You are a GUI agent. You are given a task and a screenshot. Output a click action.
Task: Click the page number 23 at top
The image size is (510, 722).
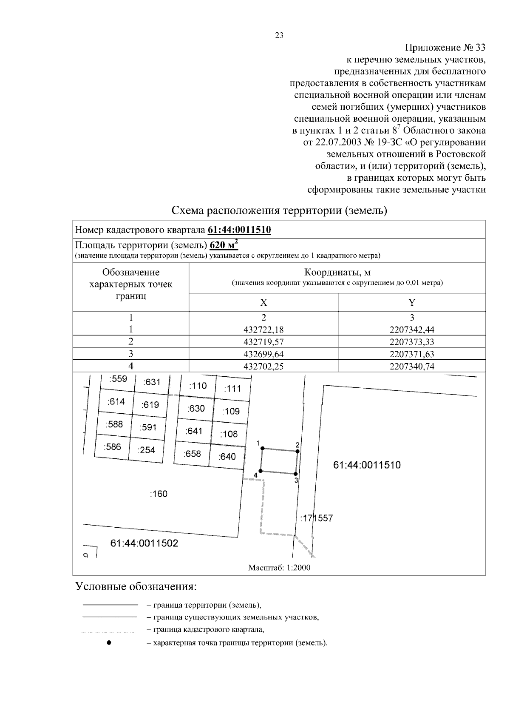pos(279,36)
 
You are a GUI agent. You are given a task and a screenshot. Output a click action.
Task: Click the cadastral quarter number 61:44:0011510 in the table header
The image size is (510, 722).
pos(239,230)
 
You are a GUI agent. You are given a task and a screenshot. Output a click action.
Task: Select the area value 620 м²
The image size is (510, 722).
pos(224,245)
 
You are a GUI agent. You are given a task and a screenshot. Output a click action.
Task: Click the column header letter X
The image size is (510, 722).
pos(263,302)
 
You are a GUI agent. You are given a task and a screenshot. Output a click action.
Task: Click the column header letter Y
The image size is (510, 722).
pos(411,302)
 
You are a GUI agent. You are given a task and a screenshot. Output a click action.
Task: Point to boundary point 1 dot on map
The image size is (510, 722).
pos(262,448)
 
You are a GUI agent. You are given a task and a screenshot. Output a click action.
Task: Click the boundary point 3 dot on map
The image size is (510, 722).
pos(295,473)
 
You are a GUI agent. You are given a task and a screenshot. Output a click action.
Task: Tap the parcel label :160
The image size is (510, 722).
pos(159,494)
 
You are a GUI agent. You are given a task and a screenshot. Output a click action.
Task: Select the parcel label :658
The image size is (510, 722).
pos(192,454)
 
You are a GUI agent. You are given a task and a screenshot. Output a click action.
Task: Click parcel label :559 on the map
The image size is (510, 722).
pos(118,379)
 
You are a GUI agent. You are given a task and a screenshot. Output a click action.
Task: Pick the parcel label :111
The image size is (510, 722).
pos(232,388)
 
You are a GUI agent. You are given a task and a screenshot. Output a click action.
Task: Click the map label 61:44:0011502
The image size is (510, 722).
pos(144,543)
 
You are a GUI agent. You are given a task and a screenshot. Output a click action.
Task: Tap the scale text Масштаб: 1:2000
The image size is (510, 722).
pos(279,568)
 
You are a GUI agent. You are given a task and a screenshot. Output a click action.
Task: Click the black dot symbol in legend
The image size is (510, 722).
pos(109,642)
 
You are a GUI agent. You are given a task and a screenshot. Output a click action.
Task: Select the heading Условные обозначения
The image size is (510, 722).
pos(136,587)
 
